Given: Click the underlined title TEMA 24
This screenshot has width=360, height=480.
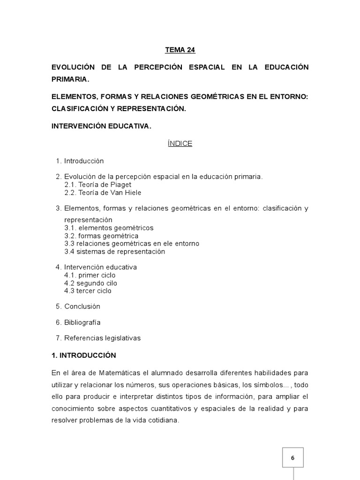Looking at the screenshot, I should coord(180,50).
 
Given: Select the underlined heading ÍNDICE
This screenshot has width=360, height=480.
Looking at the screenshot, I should coord(180,144).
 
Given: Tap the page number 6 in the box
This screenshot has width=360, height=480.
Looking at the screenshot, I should coord(292,458).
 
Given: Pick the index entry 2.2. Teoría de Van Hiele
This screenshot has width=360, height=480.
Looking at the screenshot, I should coord(103,193).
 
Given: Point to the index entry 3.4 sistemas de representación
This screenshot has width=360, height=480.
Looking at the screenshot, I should coord(114,251).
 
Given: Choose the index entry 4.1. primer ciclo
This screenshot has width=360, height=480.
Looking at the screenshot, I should coord(90,275).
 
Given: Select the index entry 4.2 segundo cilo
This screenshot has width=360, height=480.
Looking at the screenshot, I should coord(90,283).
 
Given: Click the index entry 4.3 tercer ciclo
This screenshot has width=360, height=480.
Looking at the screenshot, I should coord(88,291).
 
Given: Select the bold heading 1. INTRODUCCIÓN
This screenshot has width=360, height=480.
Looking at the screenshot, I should coord(84,356).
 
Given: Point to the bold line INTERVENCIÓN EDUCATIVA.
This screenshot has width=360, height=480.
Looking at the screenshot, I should coord(101,126).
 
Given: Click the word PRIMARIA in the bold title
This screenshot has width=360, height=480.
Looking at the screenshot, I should coord(70,79).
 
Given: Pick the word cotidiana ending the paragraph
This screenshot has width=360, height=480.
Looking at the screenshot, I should coord(164,420).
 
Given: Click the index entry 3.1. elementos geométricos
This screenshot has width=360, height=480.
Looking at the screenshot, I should coord(109,228).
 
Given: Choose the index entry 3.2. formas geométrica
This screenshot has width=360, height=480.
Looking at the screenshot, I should coord(101,236).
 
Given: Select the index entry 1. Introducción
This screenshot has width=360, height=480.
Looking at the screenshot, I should coord(80,161).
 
